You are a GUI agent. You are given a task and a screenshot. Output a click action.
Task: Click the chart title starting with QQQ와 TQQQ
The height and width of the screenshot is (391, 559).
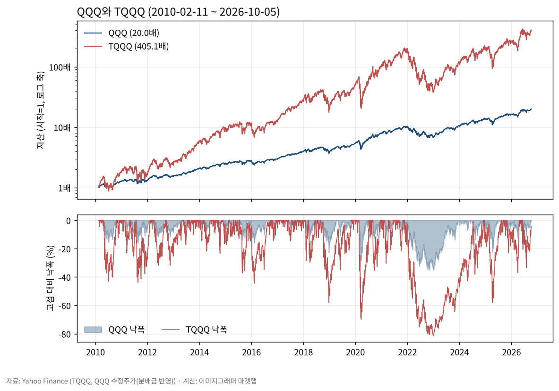(x=178, y=12)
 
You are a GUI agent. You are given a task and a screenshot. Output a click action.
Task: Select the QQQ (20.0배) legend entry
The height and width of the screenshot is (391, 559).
(x=121, y=33)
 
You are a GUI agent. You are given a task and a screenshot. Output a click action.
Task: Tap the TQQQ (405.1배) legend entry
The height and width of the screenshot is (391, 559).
(x=126, y=46)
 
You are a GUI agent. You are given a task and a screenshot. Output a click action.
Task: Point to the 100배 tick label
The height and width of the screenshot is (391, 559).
(x=60, y=67)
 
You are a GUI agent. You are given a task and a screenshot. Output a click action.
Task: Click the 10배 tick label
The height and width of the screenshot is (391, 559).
(x=62, y=128)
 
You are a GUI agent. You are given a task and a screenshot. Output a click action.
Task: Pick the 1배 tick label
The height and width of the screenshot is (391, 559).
(x=65, y=188)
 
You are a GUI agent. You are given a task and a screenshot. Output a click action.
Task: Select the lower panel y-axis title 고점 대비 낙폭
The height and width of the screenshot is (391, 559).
(x=50, y=278)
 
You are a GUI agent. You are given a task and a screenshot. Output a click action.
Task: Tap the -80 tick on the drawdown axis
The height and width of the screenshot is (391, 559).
(x=65, y=334)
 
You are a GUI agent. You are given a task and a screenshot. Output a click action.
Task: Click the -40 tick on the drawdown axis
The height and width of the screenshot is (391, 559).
(x=65, y=277)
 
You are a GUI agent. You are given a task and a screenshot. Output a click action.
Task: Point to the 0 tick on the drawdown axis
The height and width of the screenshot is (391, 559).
(x=69, y=221)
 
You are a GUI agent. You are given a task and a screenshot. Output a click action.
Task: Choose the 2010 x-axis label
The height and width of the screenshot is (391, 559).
(x=95, y=352)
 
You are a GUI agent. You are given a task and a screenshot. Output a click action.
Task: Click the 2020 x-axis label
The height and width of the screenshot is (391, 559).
(x=355, y=352)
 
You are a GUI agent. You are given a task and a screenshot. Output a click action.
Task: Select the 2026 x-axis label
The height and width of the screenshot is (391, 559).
(x=512, y=352)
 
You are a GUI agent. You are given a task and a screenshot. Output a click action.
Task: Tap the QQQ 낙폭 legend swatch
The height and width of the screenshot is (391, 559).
(x=93, y=330)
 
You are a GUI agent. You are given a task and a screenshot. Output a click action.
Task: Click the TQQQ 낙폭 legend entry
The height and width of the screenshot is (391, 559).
(x=194, y=330)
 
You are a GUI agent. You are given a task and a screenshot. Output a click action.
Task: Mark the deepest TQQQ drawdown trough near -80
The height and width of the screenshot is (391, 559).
(x=433, y=335)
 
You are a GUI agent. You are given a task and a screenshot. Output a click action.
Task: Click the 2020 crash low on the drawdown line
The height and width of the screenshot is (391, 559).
(x=361, y=319)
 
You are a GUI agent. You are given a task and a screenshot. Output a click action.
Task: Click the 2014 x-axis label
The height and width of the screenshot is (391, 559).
(x=199, y=352)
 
